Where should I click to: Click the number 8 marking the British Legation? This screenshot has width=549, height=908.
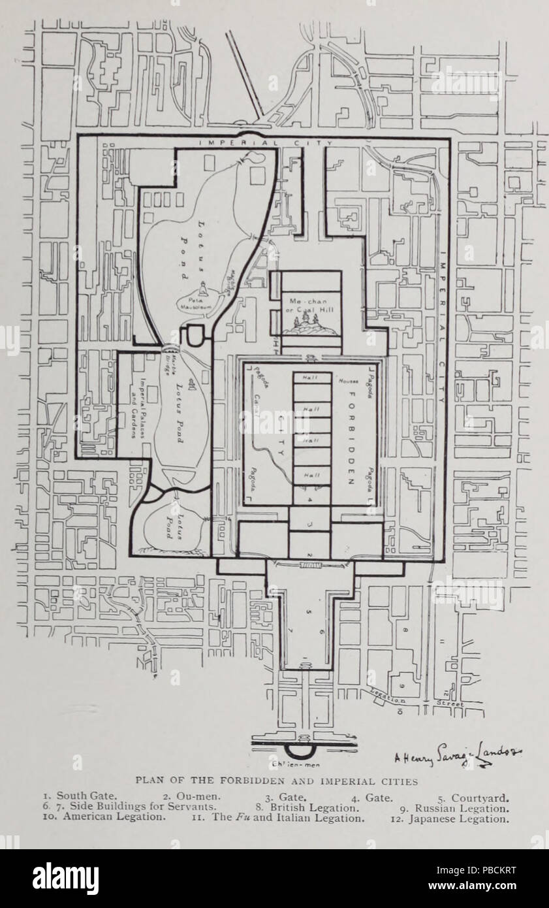405,630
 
